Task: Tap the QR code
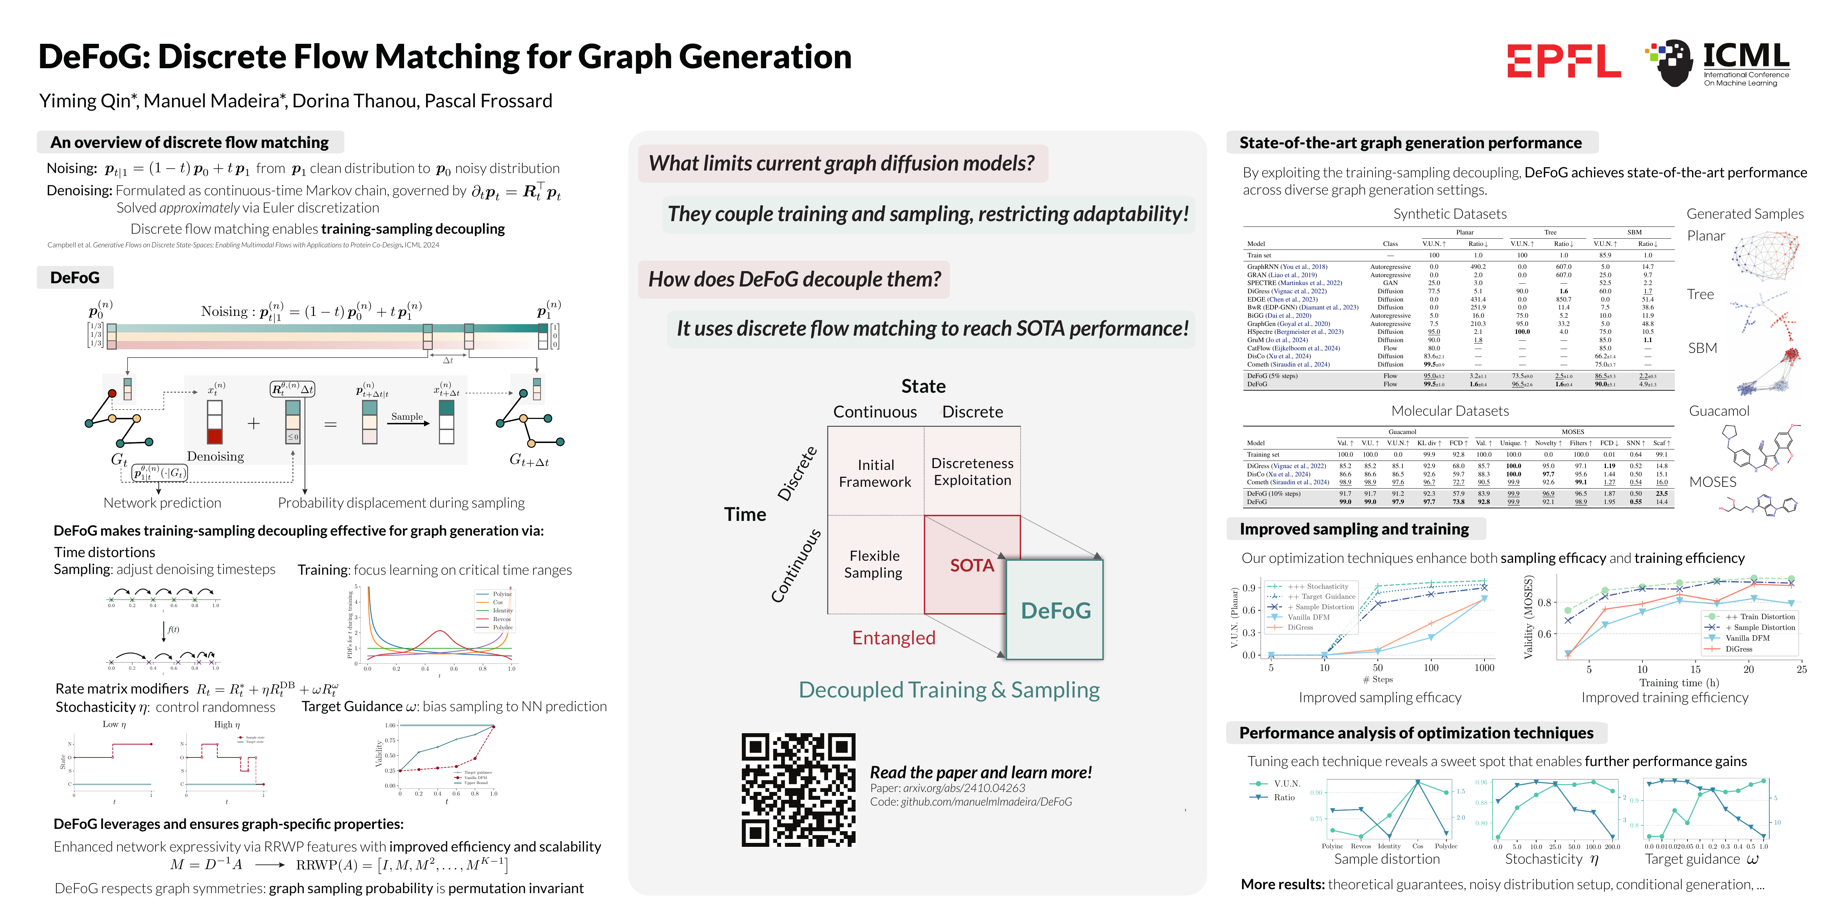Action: (798, 790)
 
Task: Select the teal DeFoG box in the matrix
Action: (1055, 610)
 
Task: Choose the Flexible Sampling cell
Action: (874, 564)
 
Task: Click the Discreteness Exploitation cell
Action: (972, 472)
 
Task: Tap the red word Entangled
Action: (893, 638)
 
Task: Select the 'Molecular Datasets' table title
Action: (1449, 411)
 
